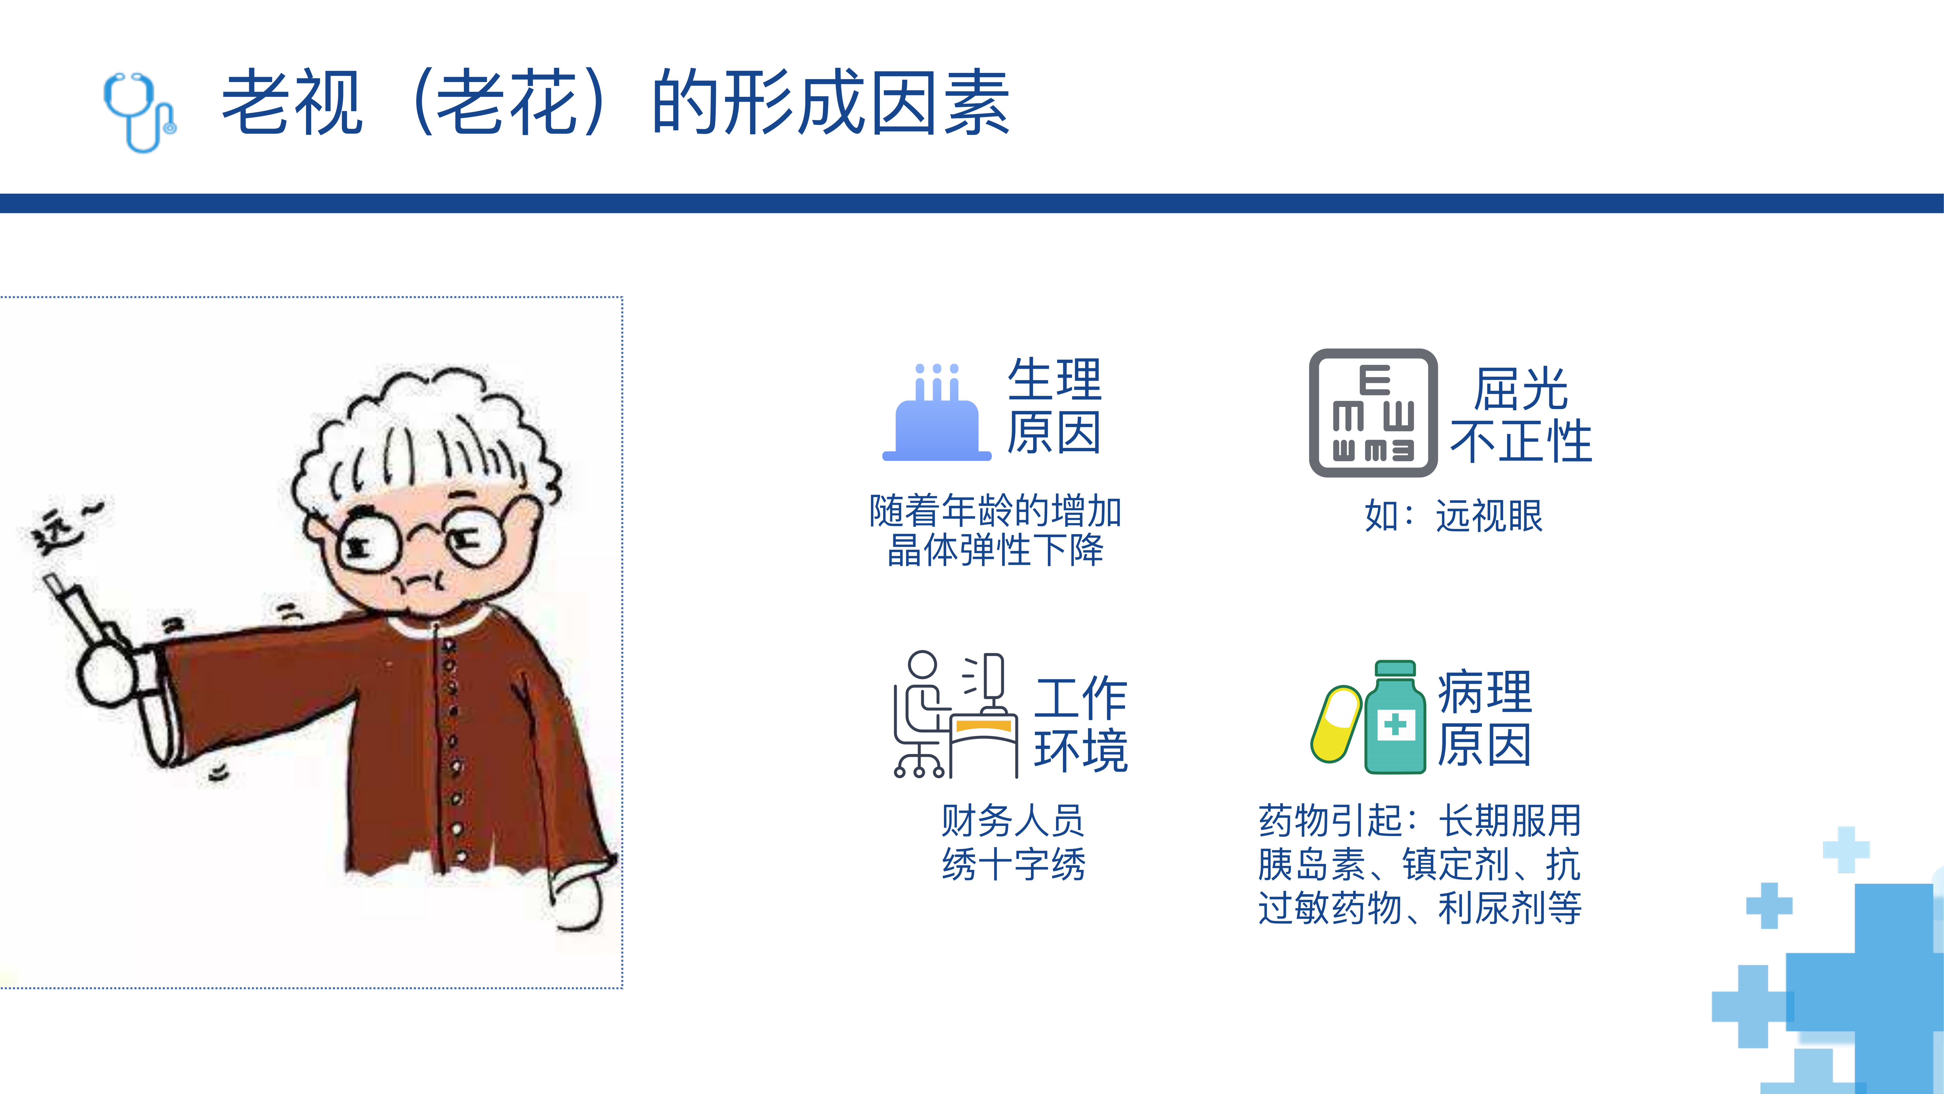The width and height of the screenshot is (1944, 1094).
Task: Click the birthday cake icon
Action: (937, 412)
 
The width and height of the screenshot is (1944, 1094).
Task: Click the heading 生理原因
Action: (1054, 405)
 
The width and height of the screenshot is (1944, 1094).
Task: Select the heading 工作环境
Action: (1081, 724)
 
